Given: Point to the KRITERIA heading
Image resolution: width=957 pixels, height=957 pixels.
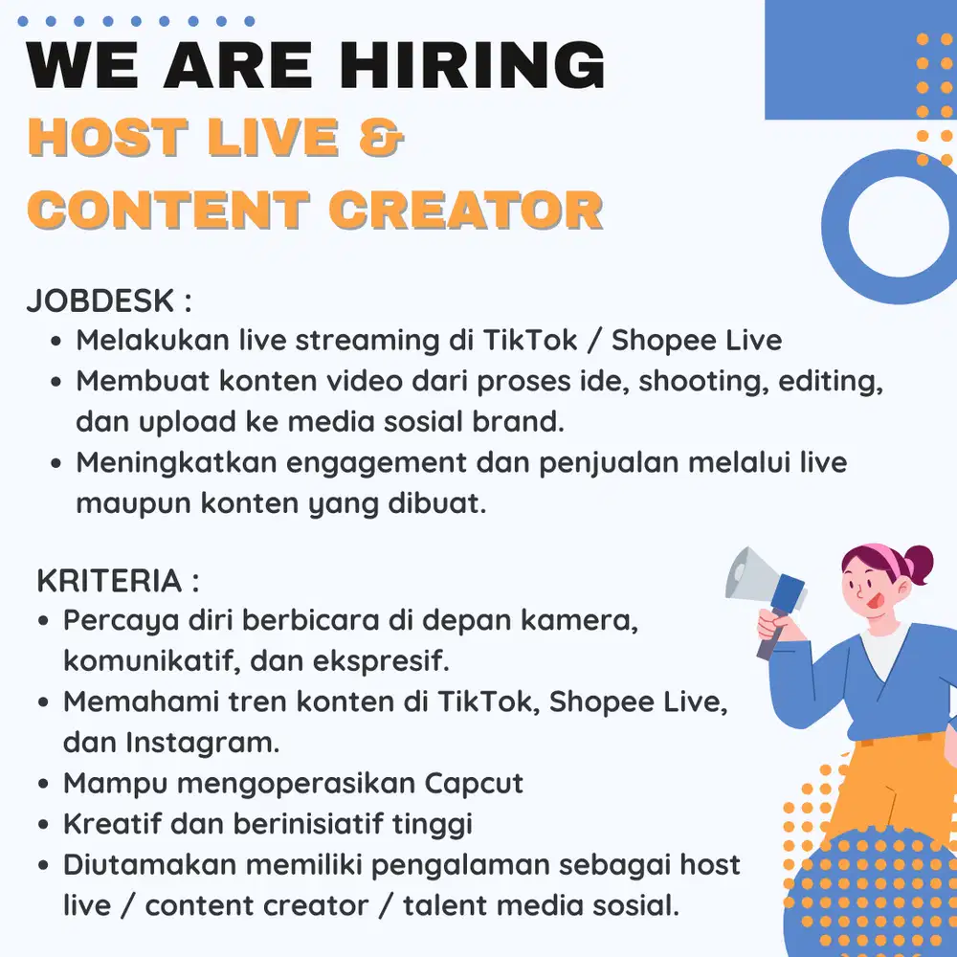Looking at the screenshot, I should click(108, 580).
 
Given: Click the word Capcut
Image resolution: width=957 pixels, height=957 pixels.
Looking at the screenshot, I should click(473, 783).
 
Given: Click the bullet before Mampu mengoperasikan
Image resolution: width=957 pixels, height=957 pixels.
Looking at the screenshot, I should click(44, 784).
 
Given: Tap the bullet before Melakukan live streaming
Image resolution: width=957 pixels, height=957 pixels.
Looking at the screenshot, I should click(56, 341).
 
